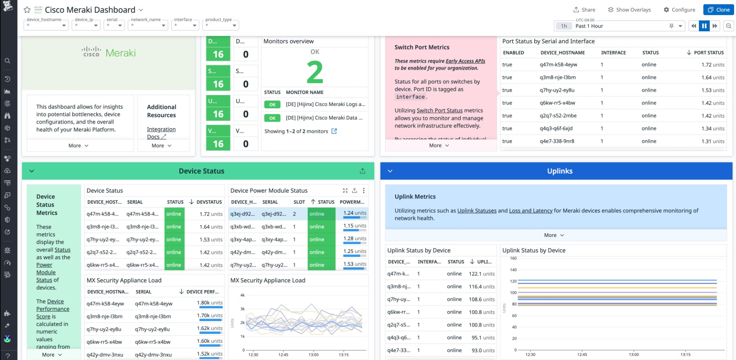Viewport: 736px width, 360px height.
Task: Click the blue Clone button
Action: [x=718, y=10]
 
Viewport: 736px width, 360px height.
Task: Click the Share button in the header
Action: [x=584, y=10]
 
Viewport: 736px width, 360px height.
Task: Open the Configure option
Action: [x=679, y=10]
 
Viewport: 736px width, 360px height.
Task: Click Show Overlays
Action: [x=629, y=10]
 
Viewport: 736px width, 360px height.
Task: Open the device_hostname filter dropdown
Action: [x=46, y=25]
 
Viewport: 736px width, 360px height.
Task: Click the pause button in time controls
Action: [x=704, y=26]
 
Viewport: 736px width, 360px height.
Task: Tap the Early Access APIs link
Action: [x=465, y=61]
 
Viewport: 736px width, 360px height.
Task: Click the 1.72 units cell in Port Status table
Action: [x=713, y=65]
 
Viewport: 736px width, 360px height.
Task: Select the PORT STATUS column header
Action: [x=708, y=53]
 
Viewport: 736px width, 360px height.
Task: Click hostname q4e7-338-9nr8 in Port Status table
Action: [x=557, y=141]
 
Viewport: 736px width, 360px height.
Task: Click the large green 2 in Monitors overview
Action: [x=315, y=72]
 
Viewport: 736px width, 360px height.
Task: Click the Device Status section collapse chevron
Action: [x=32, y=171]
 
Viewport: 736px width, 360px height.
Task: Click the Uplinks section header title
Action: [x=560, y=171]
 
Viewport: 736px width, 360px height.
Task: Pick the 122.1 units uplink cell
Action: [x=481, y=274]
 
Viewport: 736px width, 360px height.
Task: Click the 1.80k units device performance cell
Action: [x=209, y=303]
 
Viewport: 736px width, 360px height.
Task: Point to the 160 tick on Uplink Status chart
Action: [x=513, y=258]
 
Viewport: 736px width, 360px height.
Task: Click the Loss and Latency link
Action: [x=530, y=211]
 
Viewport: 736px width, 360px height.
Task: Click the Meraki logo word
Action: [x=121, y=53]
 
